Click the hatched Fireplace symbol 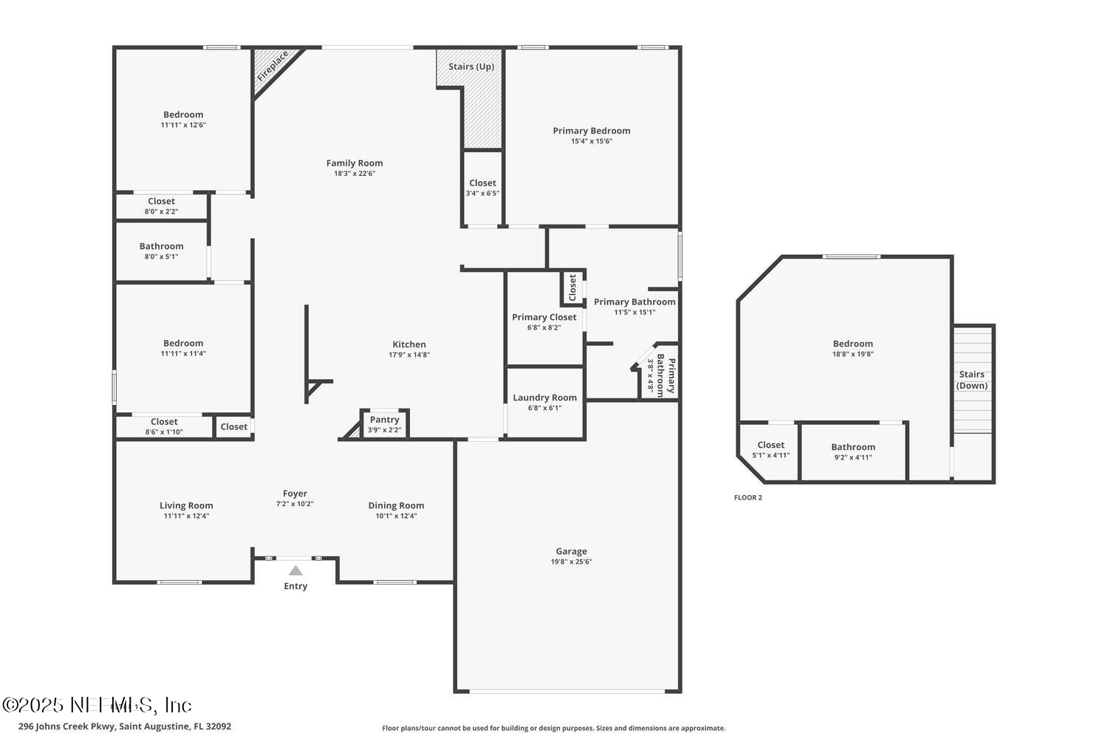click(x=273, y=68)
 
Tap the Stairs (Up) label click(x=471, y=67)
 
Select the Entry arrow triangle click(x=295, y=571)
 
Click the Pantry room click(x=384, y=424)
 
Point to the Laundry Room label click(x=544, y=398)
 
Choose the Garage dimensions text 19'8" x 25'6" click(x=571, y=562)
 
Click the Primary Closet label click(x=544, y=317)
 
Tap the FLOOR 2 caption click(x=748, y=497)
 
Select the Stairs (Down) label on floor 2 click(x=971, y=380)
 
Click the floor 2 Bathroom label click(x=852, y=447)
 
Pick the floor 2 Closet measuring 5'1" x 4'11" click(x=770, y=449)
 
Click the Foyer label click(x=295, y=494)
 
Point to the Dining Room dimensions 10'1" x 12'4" click(x=396, y=516)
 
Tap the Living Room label click(x=186, y=505)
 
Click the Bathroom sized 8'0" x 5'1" click(x=161, y=251)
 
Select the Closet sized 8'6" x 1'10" click(x=164, y=426)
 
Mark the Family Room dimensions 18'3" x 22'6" click(x=355, y=174)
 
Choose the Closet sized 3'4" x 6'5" click(x=482, y=188)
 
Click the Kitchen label click(x=408, y=344)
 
